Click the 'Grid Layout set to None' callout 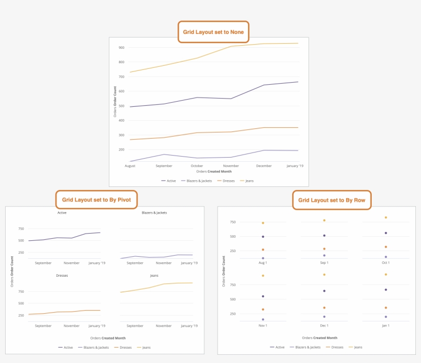point(213,32)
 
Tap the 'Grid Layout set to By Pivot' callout point(97,200)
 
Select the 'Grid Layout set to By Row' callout point(331,200)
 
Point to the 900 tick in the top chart point(121,48)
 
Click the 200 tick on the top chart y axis point(121,150)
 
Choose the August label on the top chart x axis point(130,166)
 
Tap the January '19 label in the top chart point(294,166)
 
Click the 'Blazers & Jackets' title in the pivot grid point(154,213)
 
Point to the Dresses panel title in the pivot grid point(62,276)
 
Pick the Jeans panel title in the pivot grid point(154,276)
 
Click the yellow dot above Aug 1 point(263,223)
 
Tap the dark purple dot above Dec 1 point(324,291)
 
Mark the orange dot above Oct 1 point(386,247)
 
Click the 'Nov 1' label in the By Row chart point(263,326)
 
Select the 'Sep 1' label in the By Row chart point(324,263)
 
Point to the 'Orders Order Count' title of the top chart point(115,102)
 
